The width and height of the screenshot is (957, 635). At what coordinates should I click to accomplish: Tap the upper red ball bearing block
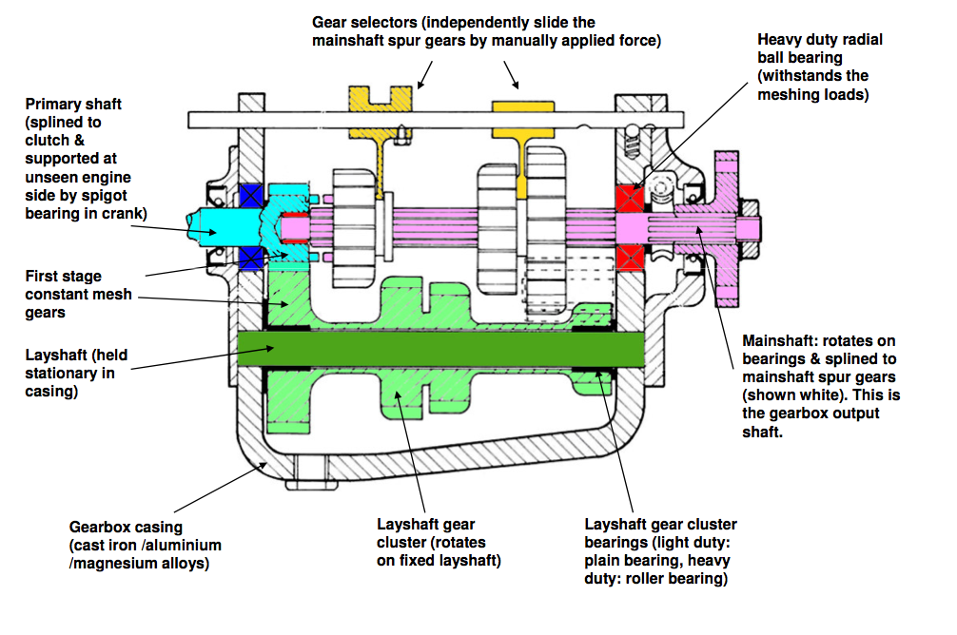click(x=630, y=199)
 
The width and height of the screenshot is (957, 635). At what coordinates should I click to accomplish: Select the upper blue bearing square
click(x=252, y=196)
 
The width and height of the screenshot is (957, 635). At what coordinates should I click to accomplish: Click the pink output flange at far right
click(x=728, y=228)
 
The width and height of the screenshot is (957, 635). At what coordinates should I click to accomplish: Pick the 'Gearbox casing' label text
click(x=126, y=527)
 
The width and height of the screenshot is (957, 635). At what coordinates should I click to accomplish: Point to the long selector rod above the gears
click(x=438, y=120)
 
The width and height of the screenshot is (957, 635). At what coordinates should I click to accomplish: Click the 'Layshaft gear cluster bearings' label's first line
click(x=660, y=525)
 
